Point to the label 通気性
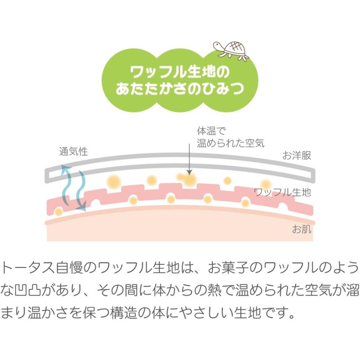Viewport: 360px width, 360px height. click(73, 152)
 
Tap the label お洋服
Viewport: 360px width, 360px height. click(297, 156)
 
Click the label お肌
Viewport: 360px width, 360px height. click(302, 230)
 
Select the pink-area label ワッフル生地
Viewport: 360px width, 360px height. click(283, 192)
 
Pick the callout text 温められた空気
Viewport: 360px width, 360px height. click(230, 143)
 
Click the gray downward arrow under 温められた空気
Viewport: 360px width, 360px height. click(188, 162)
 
